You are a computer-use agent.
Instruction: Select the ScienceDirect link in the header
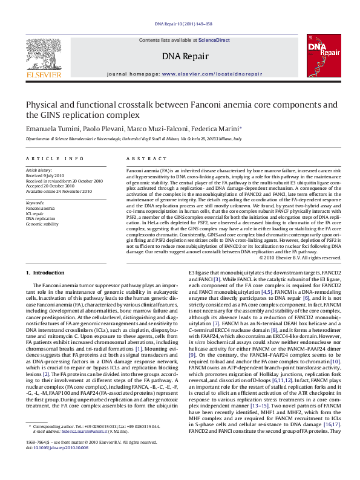point(215,40)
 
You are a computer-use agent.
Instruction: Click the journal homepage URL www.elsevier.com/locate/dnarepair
point(212,74)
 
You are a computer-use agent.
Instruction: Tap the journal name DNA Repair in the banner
point(185,56)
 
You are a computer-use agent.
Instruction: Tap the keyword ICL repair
point(34,213)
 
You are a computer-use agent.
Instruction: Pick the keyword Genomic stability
point(42,224)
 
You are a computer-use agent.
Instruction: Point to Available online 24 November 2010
point(59,191)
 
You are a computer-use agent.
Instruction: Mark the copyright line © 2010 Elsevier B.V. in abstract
point(299,258)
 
